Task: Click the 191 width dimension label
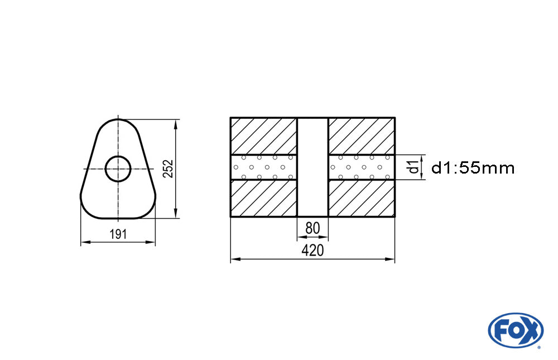pyautogui.click(x=117, y=234)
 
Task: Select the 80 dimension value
pyautogui.click(x=312, y=229)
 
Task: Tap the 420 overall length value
pyautogui.click(x=312, y=251)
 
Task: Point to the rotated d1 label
pyautogui.click(x=412, y=167)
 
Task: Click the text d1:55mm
pyautogui.click(x=473, y=167)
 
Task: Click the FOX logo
pyautogui.click(x=515, y=330)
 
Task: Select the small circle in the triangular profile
pyautogui.click(x=118, y=169)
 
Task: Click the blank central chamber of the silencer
pyautogui.click(x=312, y=167)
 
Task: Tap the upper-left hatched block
pyautogui.click(x=263, y=136)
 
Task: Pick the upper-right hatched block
pyautogui.click(x=362, y=136)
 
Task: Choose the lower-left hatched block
pyautogui.click(x=263, y=198)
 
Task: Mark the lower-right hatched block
pyautogui.click(x=362, y=198)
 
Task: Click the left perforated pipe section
pyautogui.click(x=263, y=167)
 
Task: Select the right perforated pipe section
pyautogui.click(x=362, y=167)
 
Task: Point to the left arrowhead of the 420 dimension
pyautogui.click(x=234, y=260)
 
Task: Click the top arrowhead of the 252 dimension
pyautogui.click(x=176, y=123)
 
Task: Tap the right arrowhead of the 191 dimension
pyautogui.click(x=151, y=242)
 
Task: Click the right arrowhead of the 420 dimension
pyautogui.click(x=391, y=260)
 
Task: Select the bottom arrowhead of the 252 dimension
pyautogui.click(x=176, y=214)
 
